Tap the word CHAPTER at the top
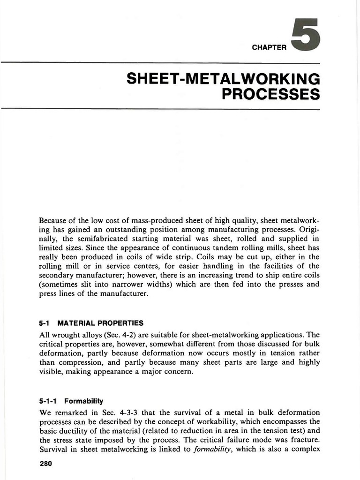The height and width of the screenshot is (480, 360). pos(269,48)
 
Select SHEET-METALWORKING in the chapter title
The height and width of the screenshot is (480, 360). pos(223,78)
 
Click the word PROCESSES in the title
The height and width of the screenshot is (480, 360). pos(270,94)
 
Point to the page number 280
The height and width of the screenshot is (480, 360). pos(45,464)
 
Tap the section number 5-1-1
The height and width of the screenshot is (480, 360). pos(49,401)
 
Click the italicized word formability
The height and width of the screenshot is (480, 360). pos(214,449)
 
